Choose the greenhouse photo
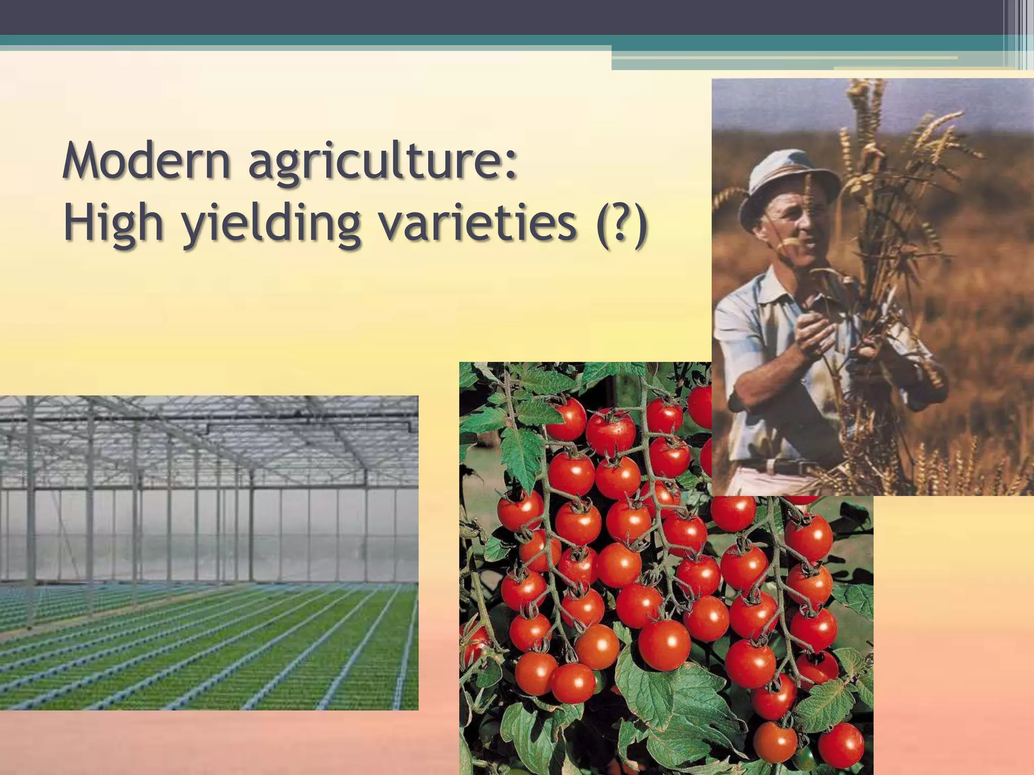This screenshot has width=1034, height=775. [x=209, y=552]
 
